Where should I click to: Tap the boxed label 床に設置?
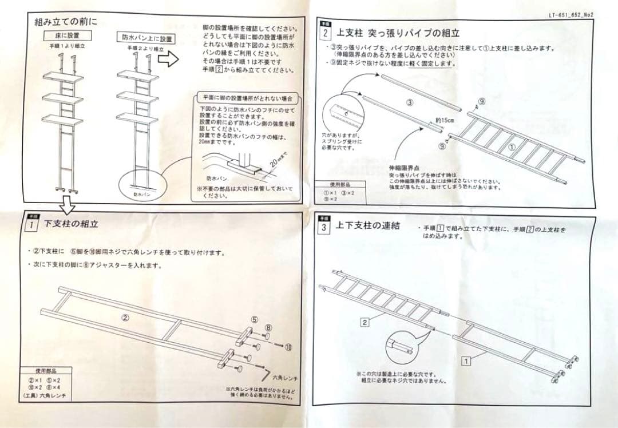[x=66, y=35]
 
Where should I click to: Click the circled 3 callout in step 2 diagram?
[x=410, y=103]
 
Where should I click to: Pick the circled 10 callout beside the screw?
[x=288, y=347]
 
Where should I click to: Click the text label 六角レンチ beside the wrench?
[x=286, y=378]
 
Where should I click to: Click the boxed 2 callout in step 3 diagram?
[x=364, y=322]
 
